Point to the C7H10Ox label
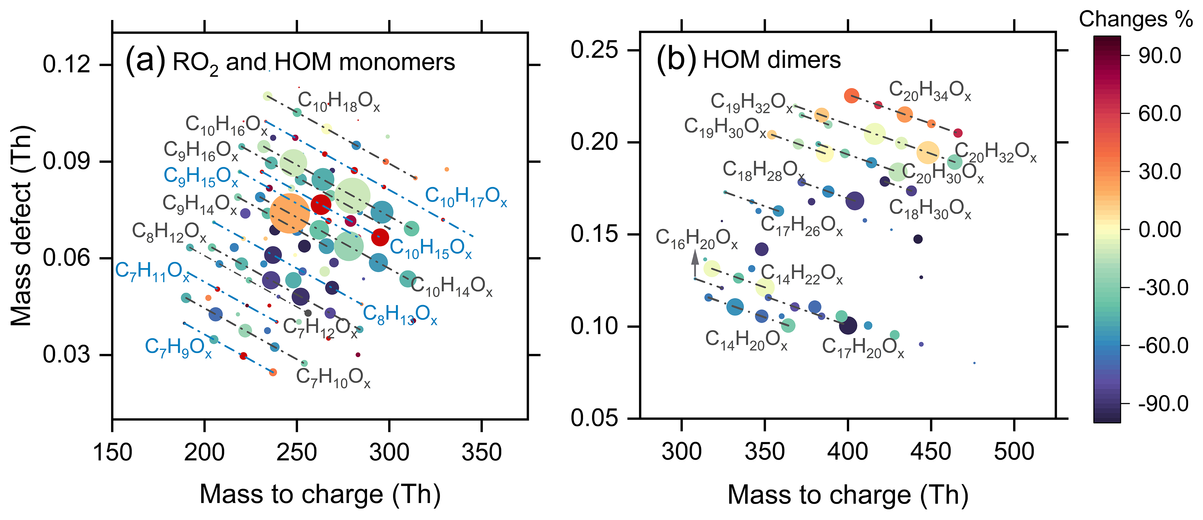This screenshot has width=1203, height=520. point(333,378)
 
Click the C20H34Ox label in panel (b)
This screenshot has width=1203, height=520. point(929,91)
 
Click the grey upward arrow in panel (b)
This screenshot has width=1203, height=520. point(695,262)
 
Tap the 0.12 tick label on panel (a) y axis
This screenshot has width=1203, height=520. point(66,64)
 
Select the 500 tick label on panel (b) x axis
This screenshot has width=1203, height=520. point(1014,451)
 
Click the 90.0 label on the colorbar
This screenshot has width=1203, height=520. point(1159,56)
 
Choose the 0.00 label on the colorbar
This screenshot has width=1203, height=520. point(1159,230)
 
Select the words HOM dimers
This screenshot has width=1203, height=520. point(772,60)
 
